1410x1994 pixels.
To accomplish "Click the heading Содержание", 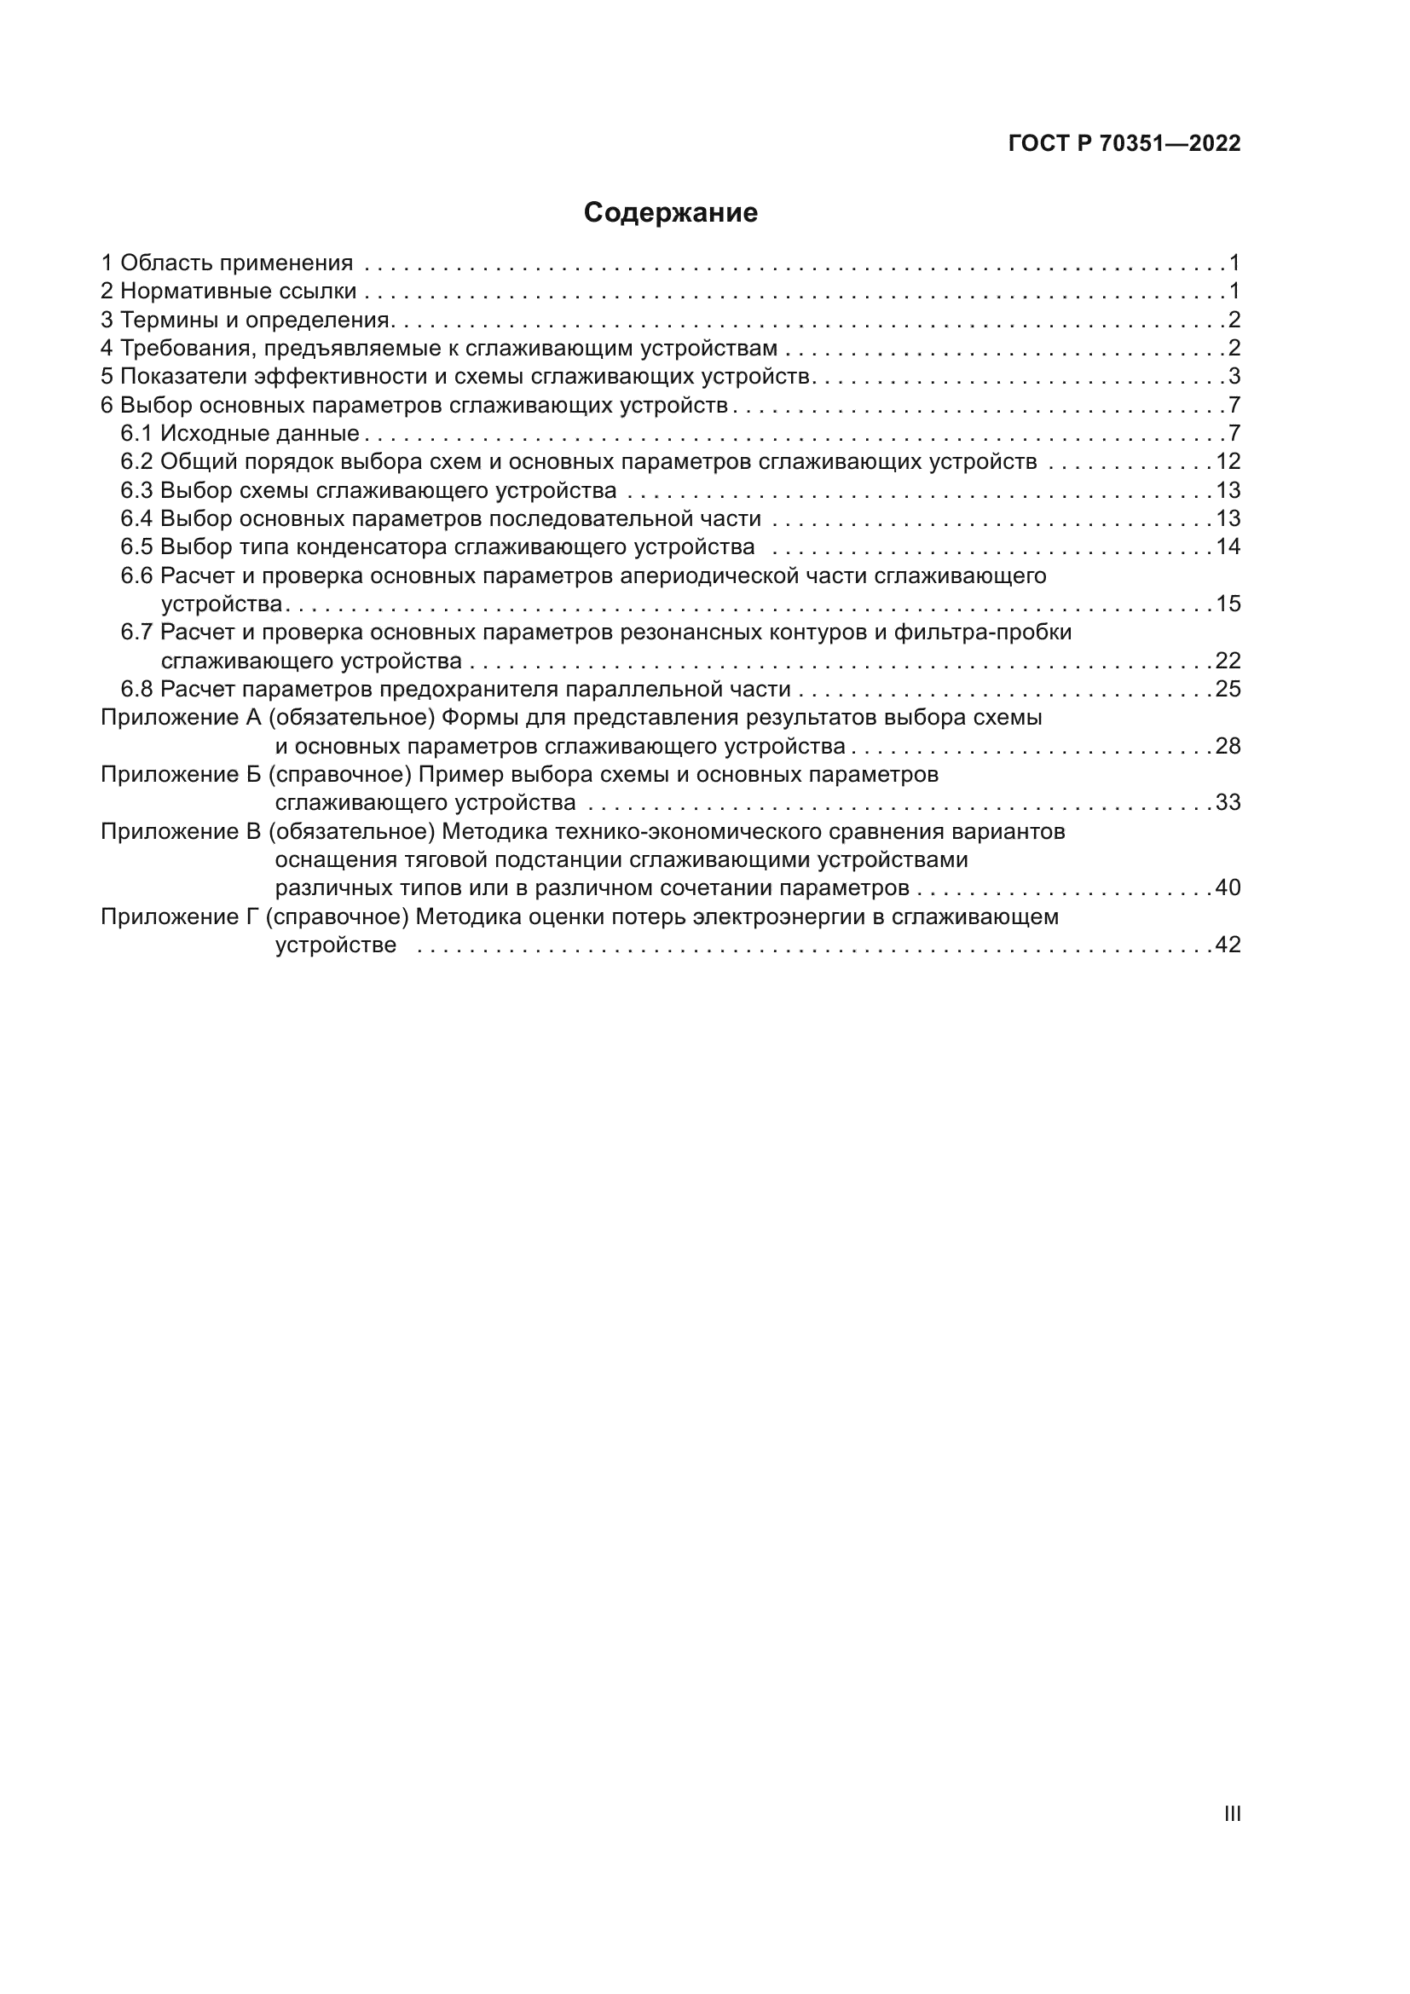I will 670,213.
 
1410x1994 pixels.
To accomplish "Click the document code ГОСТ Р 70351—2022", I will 1124,144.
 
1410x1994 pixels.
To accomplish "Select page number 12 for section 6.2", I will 1228,461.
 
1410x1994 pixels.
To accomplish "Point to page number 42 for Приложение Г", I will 1228,945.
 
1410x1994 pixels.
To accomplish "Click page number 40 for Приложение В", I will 1228,887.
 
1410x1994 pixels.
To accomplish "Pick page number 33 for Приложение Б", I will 1228,802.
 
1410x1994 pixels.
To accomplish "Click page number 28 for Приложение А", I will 1228,746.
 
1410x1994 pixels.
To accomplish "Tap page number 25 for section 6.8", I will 1228,689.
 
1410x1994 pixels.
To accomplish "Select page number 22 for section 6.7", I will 1228,661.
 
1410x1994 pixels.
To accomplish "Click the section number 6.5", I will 137,547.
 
